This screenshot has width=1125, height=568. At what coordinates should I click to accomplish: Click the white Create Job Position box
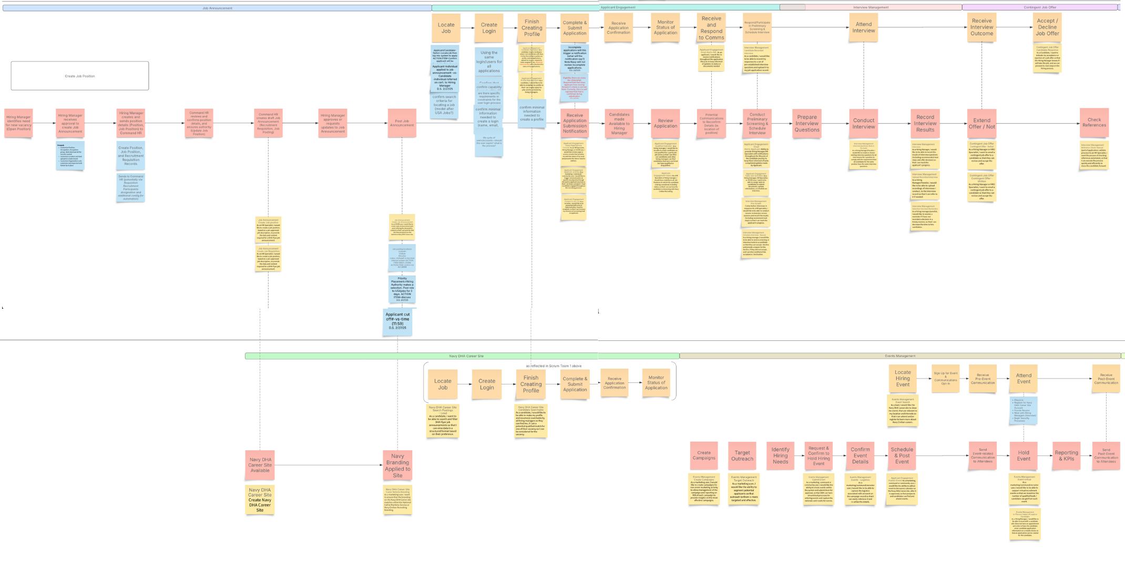coord(80,76)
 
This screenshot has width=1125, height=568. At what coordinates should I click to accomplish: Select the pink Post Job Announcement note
coord(402,123)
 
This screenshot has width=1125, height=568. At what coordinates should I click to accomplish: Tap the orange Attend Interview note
coord(863,27)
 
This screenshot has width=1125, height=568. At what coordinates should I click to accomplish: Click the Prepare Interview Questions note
coord(806,124)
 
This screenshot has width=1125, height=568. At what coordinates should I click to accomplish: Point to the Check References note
coord(1094,123)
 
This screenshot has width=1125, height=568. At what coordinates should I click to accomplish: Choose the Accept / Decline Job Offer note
coord(1047,27)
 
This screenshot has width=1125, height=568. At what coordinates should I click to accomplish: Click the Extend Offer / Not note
coord(981,124)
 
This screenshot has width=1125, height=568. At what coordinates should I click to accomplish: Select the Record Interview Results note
coord(925,124)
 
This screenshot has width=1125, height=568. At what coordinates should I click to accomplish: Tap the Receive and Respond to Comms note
coord(711,28)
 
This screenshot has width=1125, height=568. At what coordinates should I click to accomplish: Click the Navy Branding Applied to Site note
coord(397,465)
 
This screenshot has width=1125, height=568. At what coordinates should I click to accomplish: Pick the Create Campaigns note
coord(703,455)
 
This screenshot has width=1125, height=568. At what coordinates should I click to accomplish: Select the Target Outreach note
coord(742,455)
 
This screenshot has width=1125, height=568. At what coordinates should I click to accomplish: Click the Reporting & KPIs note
coord(1066,455)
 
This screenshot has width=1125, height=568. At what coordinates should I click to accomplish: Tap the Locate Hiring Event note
coord(903,378)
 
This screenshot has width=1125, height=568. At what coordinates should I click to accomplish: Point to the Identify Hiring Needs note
coord(780,455)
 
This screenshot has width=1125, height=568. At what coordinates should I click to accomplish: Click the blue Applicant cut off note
coord(397,321)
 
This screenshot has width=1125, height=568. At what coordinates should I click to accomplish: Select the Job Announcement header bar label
coord(217,8)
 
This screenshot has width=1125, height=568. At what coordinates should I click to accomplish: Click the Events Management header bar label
coord(900,356)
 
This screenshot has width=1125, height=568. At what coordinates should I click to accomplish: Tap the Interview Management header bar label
coord(871,7)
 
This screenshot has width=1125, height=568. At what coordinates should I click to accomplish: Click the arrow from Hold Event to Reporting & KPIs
coord(1045,455)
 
